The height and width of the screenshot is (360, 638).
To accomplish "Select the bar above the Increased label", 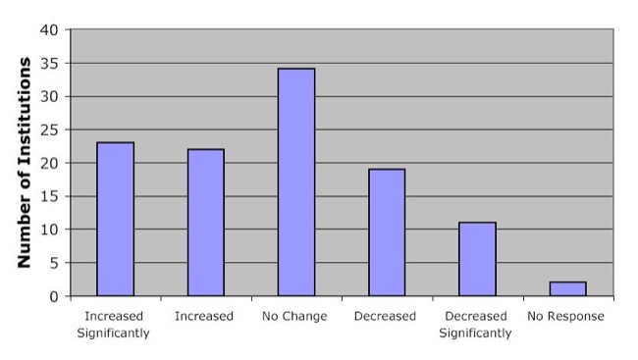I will [x=206, y=223].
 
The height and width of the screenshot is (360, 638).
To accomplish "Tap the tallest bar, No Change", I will [x=296, y=182].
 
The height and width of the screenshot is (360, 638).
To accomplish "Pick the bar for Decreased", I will [x=387, y=232].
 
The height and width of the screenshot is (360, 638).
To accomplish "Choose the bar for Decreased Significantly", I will [x=477, y=259].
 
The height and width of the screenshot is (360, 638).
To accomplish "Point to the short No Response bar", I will [x=567, y=288].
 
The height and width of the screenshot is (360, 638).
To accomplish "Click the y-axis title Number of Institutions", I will [x=25, y=162].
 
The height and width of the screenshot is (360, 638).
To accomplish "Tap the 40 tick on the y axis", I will [x=49, y=29].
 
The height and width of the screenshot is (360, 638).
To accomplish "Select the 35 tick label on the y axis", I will [x=49, y=63].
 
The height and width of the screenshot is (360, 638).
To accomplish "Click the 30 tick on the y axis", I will [x=49, y=96].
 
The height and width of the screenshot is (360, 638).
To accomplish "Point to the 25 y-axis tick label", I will [x=49, y=129].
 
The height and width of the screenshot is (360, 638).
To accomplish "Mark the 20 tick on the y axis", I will [x=49, y=163].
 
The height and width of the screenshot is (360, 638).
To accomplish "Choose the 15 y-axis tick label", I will [x=49, y=196].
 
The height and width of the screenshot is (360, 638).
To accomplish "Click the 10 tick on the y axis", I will [x=49, y=230].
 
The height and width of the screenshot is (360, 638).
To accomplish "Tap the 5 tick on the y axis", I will [x=53, y=263].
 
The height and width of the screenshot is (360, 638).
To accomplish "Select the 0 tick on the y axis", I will [x=53, y=296].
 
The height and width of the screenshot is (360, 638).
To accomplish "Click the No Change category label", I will [x=295, y=317].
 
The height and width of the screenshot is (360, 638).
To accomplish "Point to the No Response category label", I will [x=565, y=317].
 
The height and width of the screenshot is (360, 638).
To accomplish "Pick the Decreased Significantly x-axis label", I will [x=476, y=325].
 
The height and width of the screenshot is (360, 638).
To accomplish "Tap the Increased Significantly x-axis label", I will [x=114, y=325].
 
